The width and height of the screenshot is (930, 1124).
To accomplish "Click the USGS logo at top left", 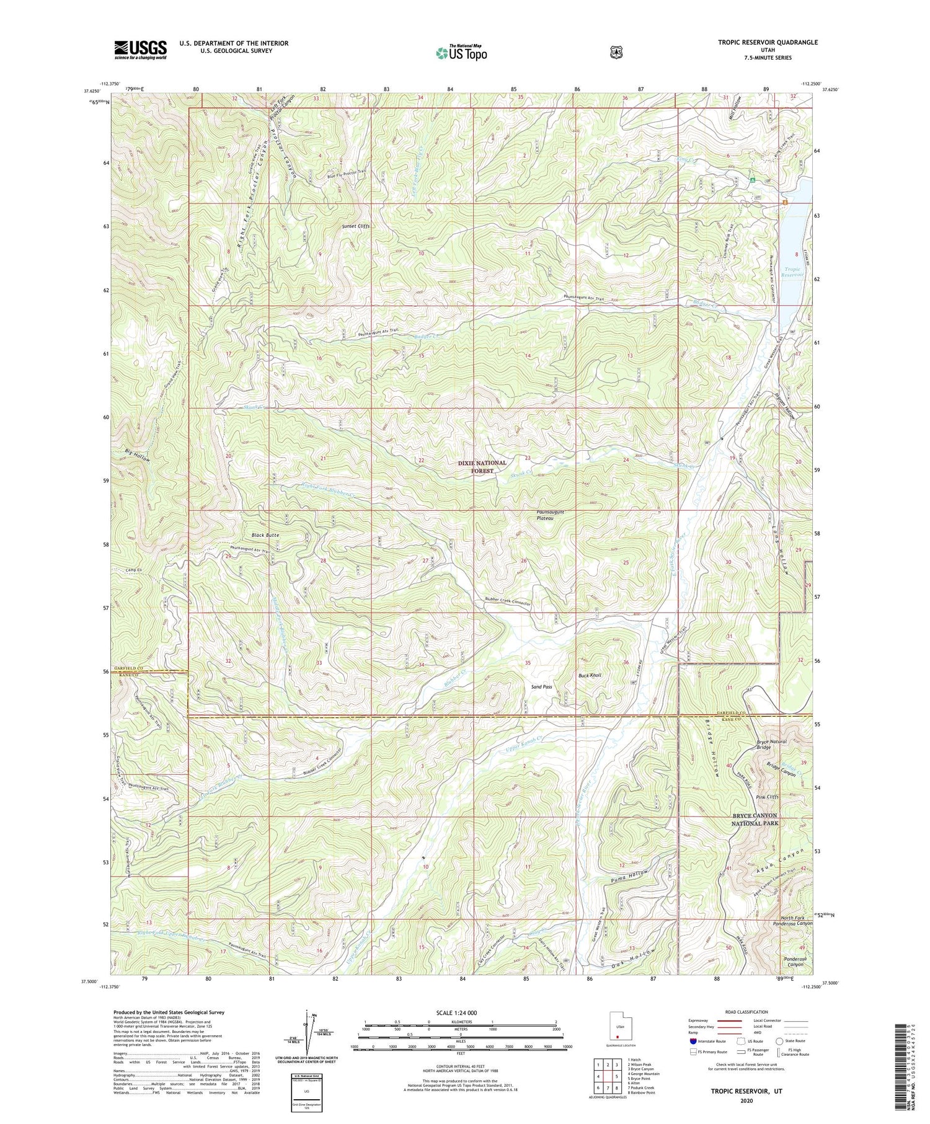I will tap(140, 50).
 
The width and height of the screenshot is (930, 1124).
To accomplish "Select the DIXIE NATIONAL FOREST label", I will tap(482, 466).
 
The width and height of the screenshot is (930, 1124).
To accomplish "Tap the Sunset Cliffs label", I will tap(355, 227).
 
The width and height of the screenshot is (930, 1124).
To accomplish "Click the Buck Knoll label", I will tap(590, 675).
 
